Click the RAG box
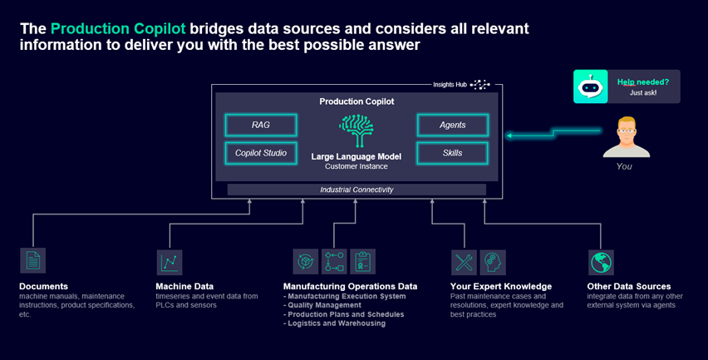coord(261,126)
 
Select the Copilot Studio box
coord(261,153)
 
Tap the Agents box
coord(452,126)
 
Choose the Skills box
coord(452,153)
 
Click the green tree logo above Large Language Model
coord(356,131)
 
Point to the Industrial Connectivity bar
coord(356,190)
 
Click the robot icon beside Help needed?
coord(589,86)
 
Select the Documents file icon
coord(32,261)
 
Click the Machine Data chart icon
coord(170,262)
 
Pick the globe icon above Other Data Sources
coord(600,262)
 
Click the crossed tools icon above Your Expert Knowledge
coord(464,262)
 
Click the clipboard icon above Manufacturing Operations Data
coord(362,262)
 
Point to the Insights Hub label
coord(450,84)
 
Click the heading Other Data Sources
coord(628,287)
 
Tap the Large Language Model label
coord(356,156)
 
